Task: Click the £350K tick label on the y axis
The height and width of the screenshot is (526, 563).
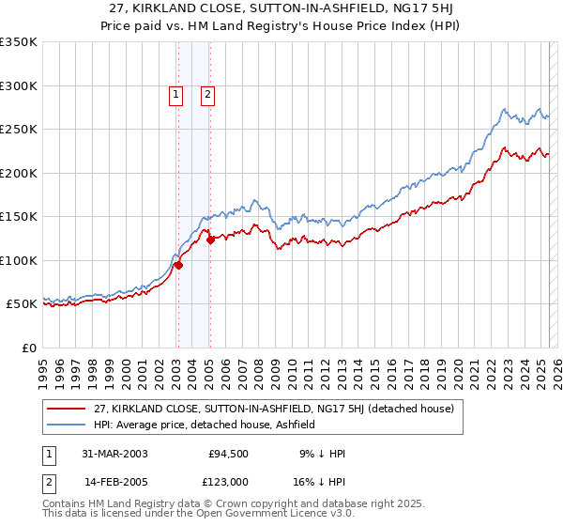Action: coord(18,42)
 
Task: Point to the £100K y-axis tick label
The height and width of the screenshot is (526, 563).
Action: coord(18,260)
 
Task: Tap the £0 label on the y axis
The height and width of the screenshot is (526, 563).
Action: coord(27,348)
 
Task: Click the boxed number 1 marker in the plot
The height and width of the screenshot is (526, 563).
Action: coord(175,93)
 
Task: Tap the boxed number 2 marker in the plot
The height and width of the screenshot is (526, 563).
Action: coord(206,93)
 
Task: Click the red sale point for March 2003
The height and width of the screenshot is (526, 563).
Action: coord(178,265)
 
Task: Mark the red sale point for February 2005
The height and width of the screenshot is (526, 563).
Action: coord(210,240)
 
